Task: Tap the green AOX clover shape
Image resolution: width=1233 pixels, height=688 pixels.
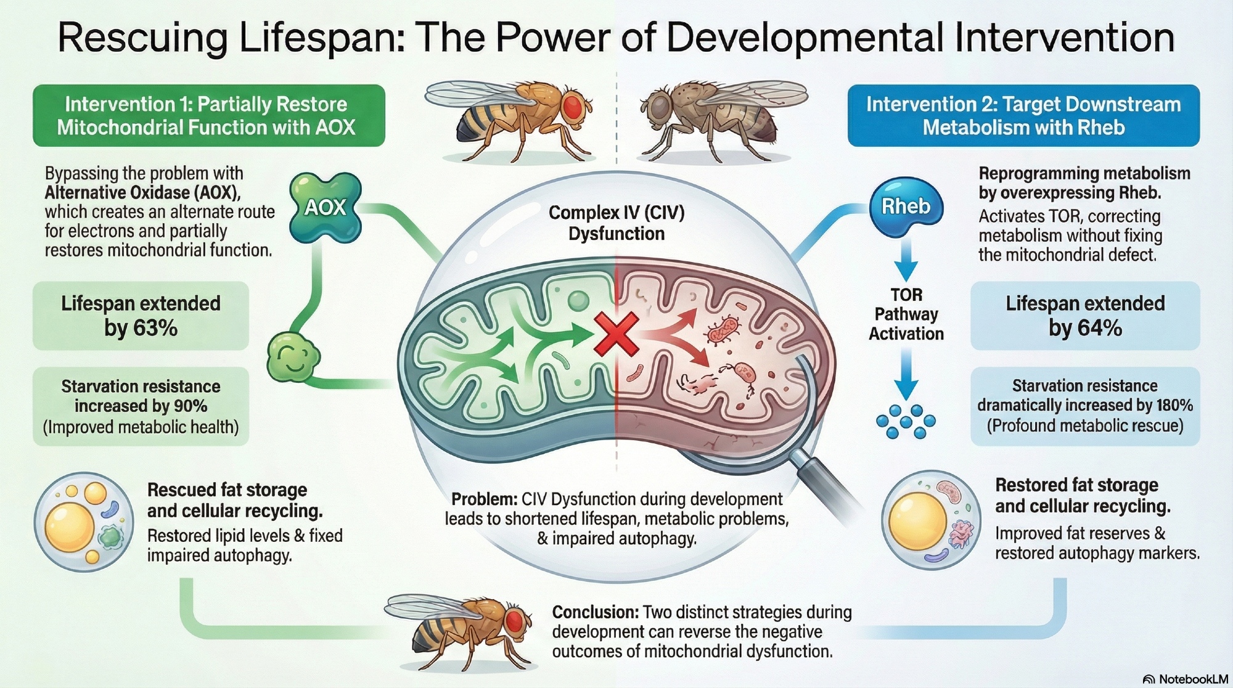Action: [325, 208]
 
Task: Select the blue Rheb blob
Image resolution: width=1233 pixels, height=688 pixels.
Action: [906, 207]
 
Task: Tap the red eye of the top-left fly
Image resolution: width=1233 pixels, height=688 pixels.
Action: [574, 107]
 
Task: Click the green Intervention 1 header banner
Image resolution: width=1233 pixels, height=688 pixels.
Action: [208, 115]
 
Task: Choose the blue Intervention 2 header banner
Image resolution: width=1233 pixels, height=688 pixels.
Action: [1023, 115]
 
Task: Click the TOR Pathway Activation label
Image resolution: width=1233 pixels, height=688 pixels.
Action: [906, 314]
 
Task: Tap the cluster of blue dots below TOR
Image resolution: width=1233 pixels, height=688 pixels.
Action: [906, 422]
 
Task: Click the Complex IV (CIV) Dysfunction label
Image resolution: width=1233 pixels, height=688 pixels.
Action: [616, 223]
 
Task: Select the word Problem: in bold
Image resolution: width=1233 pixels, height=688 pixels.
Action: [483, 499]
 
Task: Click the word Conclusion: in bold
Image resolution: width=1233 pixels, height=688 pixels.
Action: [595, 613]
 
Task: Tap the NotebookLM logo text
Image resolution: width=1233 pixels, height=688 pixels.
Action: [1192, 679]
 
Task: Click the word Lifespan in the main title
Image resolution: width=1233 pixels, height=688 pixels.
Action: [321, 38]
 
